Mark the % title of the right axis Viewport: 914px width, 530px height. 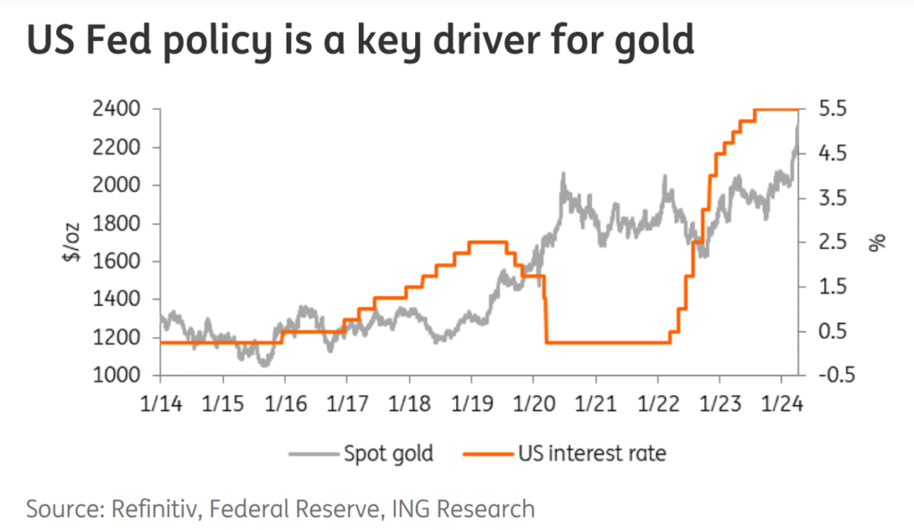click(x=877, y=242)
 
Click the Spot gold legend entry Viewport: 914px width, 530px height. click(x=388, y=453)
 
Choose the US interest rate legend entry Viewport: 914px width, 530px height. click(x=592, y=453)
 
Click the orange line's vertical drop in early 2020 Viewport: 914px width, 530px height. click(x=545, y=309)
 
